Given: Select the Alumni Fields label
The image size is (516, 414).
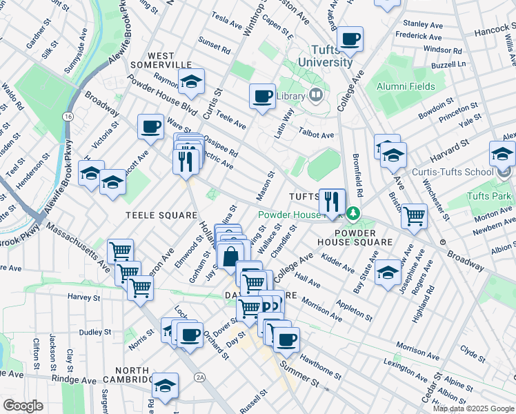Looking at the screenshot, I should click(405, 86).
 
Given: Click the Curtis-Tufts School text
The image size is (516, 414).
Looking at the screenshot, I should click(452, 172).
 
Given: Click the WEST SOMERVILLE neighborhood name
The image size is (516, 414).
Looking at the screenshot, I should click(160, 60).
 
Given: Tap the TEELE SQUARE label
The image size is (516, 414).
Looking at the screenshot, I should click(161, 215).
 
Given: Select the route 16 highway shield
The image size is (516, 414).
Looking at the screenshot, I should click(68, 117).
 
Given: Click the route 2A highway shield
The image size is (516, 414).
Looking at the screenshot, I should click(200, 377).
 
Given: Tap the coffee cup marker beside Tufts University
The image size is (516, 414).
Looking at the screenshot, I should click(350, 39).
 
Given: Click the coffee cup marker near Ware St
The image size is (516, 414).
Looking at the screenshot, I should click(150, 127).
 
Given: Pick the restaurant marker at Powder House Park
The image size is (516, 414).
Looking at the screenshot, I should click(332, 201).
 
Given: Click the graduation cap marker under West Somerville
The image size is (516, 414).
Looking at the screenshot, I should click(191, 81).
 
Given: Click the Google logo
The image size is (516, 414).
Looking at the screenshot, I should click(23, 406).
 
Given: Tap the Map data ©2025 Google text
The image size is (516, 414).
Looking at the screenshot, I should click(473, 408).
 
